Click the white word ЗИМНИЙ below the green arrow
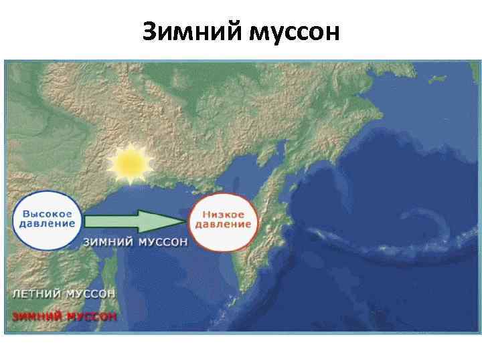(x=108, y=242)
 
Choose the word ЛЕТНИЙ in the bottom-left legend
(x=36, y=293)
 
